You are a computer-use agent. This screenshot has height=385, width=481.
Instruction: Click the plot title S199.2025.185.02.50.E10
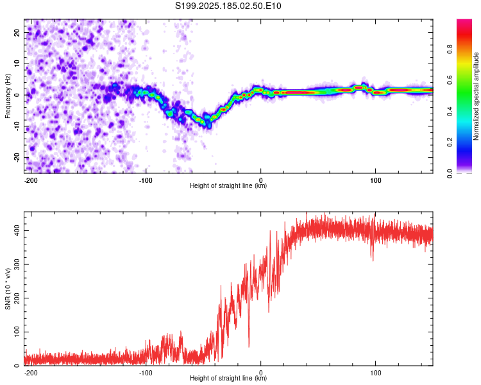[x=228, y=6]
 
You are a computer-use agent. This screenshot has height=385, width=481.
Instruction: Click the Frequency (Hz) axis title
[x=8, y=96]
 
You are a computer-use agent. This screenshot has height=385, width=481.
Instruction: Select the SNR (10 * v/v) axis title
[x=8, y=289]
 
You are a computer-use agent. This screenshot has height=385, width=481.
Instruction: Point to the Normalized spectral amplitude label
[x=476, y=96]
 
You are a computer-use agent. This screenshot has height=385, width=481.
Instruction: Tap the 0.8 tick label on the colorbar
[x=450, y=49]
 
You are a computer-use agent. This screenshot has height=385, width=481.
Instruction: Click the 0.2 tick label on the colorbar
[x=450, y=142]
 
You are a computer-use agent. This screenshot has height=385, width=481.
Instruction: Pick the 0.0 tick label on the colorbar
[x=450, y=173]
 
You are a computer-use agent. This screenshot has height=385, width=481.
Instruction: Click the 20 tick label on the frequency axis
[x=17, y=33]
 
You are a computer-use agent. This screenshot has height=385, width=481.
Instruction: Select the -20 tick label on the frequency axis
[x=17, y=157]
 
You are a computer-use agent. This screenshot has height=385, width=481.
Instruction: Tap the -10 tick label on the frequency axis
[x=17, y=126]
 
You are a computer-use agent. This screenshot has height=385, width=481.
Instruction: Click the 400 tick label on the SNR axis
[x=17, y=230]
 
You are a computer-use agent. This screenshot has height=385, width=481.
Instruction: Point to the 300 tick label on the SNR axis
[x=17, y=264]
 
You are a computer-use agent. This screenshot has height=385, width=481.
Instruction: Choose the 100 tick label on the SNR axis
[x=17, y=332]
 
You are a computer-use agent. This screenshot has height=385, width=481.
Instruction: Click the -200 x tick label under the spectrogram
[x=30, y=180]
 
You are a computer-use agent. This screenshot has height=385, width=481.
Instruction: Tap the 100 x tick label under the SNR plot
[x=375, y=373]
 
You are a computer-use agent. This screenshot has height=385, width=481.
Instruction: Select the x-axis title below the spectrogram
[x=228, y=185]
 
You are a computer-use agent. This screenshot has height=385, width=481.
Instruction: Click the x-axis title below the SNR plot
[x=228, y=378]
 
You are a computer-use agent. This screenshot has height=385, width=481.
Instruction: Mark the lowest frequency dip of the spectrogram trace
[x=209, y=126]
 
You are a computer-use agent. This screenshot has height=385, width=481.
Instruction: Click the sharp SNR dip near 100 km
[x=373, y=259]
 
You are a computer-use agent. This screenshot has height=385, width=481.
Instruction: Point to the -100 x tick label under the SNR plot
[x=146, y=373]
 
